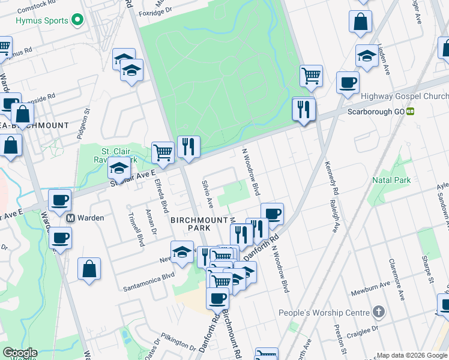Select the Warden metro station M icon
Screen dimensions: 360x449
70,218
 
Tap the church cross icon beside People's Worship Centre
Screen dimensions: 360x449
378,312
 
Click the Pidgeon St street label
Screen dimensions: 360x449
85,122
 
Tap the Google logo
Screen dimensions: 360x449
20,353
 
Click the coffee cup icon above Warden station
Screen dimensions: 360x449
59,200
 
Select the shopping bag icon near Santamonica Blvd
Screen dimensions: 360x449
89,269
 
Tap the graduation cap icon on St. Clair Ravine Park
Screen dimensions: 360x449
119,169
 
